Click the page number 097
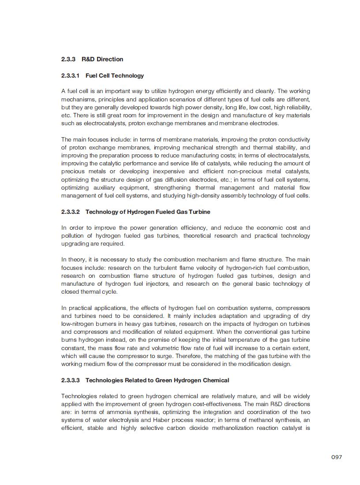(x=337, y=457)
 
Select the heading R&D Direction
(x=102, y=59)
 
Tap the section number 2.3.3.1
(x=71, y=75)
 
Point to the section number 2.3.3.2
(x=71, y=212)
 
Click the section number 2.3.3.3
(x=71, y=380)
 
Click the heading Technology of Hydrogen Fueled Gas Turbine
(x=148, y=212)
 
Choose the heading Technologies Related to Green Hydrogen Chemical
(x=157, y=380)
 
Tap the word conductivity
(x=293, y=139)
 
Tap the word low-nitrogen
(x=78, y=324)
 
